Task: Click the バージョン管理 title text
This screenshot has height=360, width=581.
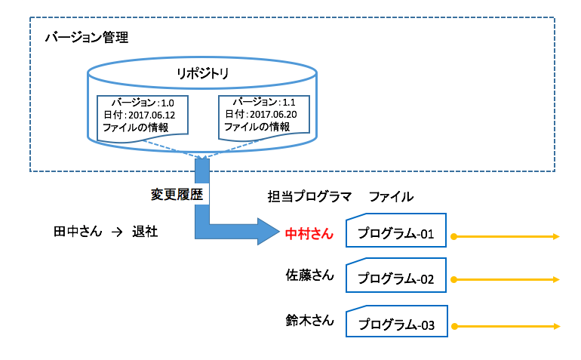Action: coord(86,38)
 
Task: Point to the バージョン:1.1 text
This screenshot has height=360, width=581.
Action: coord(264,101)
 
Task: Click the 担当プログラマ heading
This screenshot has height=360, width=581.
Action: coord(309,196)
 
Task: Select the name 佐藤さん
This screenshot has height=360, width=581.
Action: coord(309,275)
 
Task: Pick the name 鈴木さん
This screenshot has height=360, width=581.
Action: coord(309,320)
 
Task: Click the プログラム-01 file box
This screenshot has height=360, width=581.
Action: coord(396,234)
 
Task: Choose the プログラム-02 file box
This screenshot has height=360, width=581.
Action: coord(396,278)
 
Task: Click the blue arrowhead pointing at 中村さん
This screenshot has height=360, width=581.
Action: coord(266,229)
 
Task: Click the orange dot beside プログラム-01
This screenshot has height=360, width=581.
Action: coord(453,237)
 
